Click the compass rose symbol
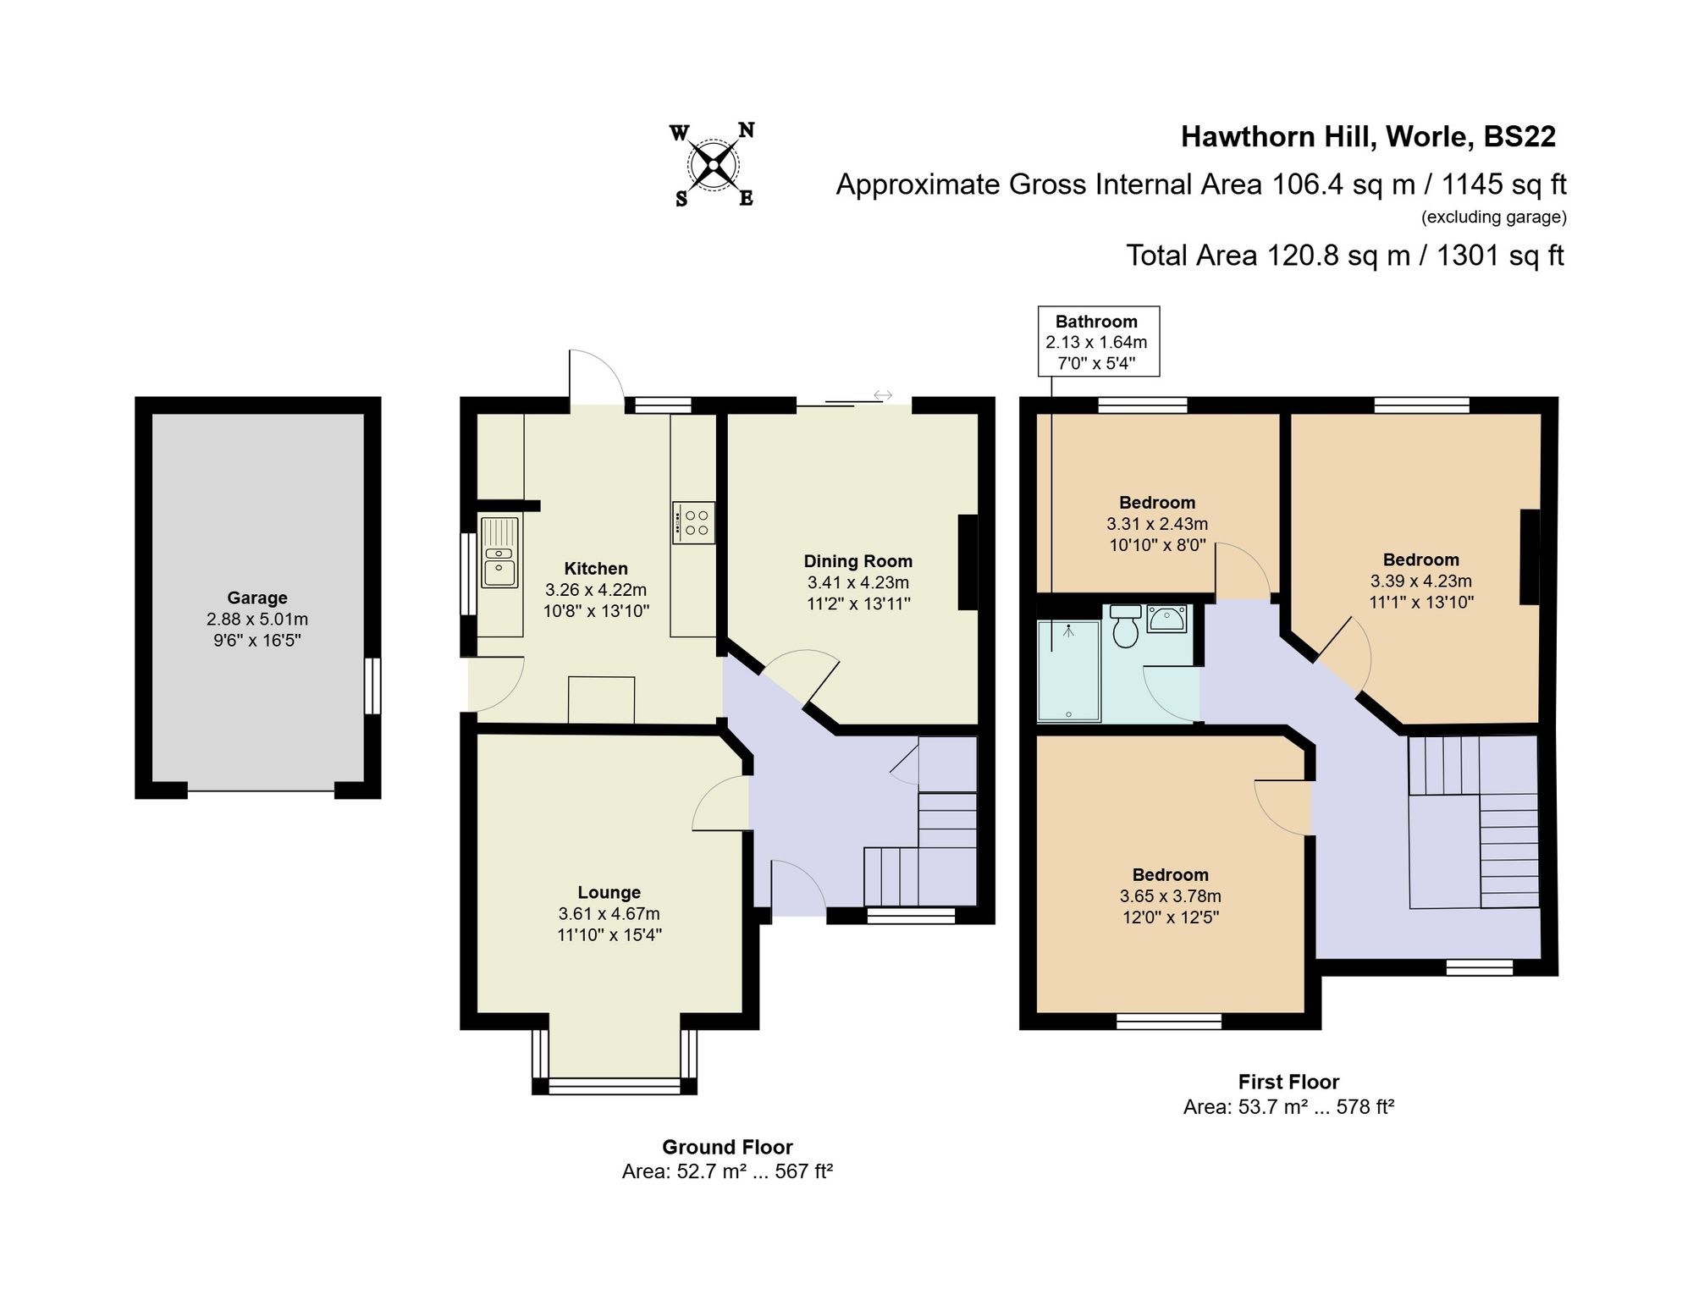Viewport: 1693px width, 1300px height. coord(713,165)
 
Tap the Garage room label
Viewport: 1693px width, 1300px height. coord(256,598)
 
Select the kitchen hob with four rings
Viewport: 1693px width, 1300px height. coord(693,523)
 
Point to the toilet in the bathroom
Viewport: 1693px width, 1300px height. coord(1125,626)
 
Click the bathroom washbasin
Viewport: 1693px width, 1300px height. coord(1167,619)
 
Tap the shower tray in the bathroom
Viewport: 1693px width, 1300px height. coord(1069,672)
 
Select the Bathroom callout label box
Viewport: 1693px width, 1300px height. coord(1098,342)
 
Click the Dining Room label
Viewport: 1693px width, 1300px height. coord(858,561)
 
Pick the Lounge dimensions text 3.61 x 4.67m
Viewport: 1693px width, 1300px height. coord(609,914)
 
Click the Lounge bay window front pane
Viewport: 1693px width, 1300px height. coord(615,1086)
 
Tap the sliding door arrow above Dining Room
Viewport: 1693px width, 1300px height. coord(883,395)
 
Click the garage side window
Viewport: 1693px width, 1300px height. coord(372,686)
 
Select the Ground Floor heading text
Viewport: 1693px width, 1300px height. coord(727,1147)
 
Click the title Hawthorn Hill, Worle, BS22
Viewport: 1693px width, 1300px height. coord(1368,137)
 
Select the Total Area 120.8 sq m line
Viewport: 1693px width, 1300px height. coord(1344,256)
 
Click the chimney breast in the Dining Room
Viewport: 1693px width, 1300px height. coord(968,562)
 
